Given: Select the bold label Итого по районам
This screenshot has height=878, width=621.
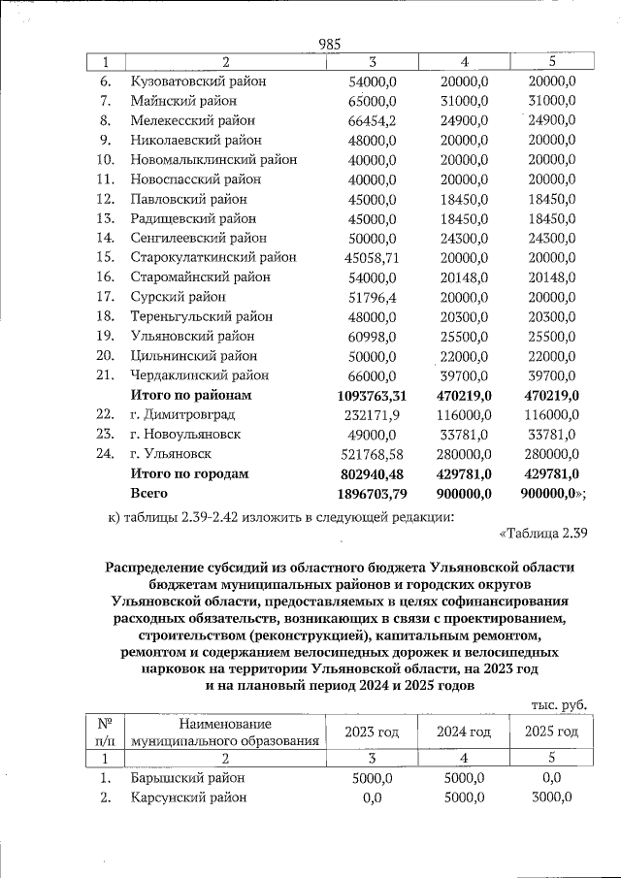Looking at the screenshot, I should [x=191, y=396].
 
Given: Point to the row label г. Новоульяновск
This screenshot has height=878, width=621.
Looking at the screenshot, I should [x=185, y=435].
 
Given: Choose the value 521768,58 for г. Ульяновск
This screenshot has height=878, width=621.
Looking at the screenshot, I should [x=374, y=454].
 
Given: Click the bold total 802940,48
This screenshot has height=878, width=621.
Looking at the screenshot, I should [x=374, y=473].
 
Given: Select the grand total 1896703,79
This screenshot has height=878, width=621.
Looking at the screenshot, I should [x=374, y=493].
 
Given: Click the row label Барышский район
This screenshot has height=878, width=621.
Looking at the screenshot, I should [x=187, y=778].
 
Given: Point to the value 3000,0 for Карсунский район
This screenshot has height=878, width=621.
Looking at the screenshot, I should [x=551, y=797].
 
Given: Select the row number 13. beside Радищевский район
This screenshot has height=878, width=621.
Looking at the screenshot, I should [x=107, y=218].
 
